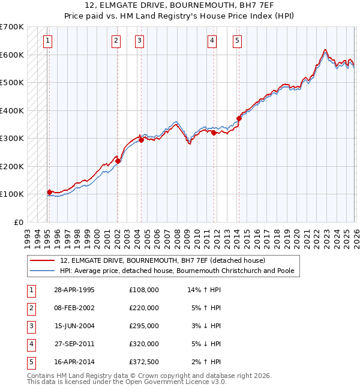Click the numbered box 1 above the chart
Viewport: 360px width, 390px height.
pyautogui.click(x=47, y=41)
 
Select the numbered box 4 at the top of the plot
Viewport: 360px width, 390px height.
pyautogui.click(x=212, y=41)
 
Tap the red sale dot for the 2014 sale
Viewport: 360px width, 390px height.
pyautogui.click(x=239, y=118)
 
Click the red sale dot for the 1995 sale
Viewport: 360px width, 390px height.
pyautogui.click(x=49, y=192)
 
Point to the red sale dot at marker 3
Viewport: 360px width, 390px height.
pyautogui.click(x=142, y=140)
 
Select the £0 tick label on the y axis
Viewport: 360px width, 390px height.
pyautogui.click(x=19, y=222)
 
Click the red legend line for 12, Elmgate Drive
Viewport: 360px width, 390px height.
pyautogui.click(x=43, y=261)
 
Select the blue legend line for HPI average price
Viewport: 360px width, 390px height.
pyautogui.click(x=43, y=271)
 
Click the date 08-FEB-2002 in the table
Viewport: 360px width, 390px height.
pyautogui.click(x=74, y=308)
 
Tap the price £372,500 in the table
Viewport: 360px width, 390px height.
pyautogui.click(x=144, y=362)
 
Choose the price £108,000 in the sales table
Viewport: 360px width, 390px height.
pyautogui.click(x=144, y=290)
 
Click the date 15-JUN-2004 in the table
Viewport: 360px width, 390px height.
pyautogui.click(x=74, y=326)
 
